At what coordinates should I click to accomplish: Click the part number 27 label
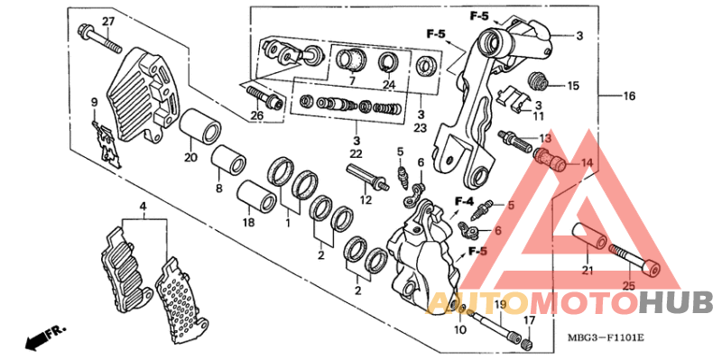click(107, 22)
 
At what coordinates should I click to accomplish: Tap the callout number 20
click(190, 158)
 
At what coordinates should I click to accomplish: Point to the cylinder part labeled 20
click(199, 129)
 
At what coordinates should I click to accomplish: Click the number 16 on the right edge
click(629, 96)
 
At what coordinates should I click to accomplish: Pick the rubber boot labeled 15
click(540, 79)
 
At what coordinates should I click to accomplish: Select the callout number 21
click(587, 269)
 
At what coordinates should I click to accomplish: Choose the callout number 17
click(530, 319)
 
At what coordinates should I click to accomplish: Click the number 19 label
click(498, 306)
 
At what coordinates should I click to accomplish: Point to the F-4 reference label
click(465, 200)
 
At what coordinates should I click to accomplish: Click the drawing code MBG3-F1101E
click(606, 338)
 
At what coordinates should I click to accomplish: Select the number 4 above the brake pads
click(142, 208)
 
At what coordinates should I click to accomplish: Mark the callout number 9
click(94, 101)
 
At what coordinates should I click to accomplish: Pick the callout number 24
click(389, 86)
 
